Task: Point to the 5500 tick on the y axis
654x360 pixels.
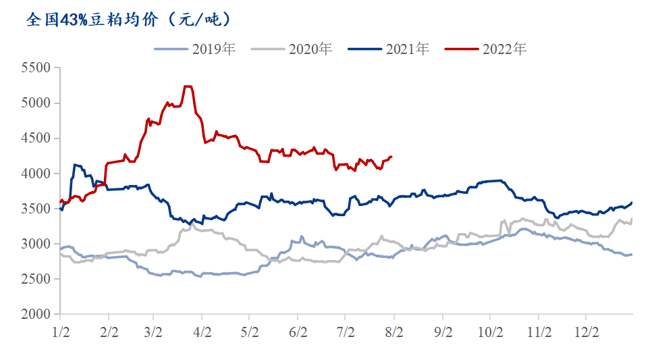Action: tap(36, 68)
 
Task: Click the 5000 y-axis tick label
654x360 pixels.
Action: tap(36, 103)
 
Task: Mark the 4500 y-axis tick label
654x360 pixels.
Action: tap(36, 138)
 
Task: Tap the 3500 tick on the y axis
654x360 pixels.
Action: tap(36, 209)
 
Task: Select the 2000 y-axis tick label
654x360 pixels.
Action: tap(36, 314)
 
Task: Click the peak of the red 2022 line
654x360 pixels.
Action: tap(188, 86)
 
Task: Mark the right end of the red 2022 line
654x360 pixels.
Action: tap(391, 157)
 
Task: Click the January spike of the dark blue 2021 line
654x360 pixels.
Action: tap(76, 165)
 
